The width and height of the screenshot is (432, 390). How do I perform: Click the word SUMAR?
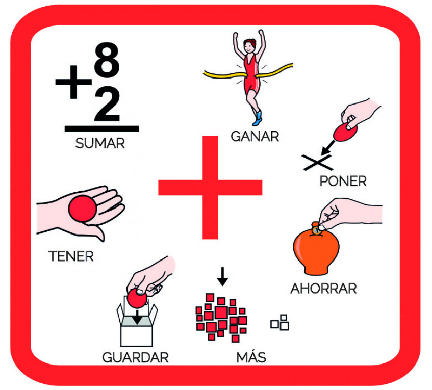point(100,143)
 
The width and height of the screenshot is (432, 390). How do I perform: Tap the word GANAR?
point(255,136)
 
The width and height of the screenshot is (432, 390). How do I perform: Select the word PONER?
point(343,181)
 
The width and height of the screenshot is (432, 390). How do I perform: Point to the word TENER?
point(71,256)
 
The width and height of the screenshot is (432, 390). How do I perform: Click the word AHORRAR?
point(323,289)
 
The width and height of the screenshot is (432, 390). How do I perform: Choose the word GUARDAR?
point(135,357)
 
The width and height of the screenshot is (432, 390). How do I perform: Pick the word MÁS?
point(251,357)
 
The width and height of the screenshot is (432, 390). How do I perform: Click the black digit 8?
point(107,60)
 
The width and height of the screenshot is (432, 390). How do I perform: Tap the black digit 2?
point(107,104)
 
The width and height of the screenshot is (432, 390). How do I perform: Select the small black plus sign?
point(73,82)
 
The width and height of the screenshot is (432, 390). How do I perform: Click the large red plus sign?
point(210,188)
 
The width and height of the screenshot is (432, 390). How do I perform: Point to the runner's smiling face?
point(249,46)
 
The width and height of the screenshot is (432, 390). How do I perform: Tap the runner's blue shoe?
point(258,118)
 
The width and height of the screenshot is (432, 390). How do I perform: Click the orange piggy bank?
point(316,251)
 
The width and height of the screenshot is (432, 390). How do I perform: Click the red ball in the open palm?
point(83,209)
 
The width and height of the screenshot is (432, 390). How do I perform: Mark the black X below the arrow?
point(317,163)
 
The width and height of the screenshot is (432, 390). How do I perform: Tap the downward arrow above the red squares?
point(222,276)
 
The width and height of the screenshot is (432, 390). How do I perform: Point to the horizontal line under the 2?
point(102,128)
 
